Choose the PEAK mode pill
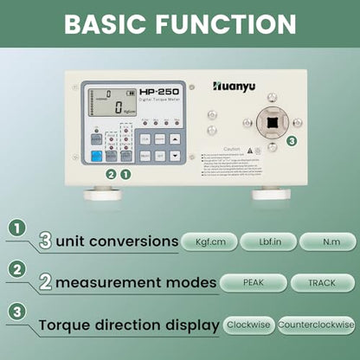point(253,282)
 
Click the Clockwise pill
point(247,325)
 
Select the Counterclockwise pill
point(316,325)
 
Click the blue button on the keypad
point(97,156)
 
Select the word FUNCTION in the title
point(233,23)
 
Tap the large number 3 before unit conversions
point(46,240)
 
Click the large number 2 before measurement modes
point(46,281)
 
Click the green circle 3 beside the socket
point(291,140)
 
